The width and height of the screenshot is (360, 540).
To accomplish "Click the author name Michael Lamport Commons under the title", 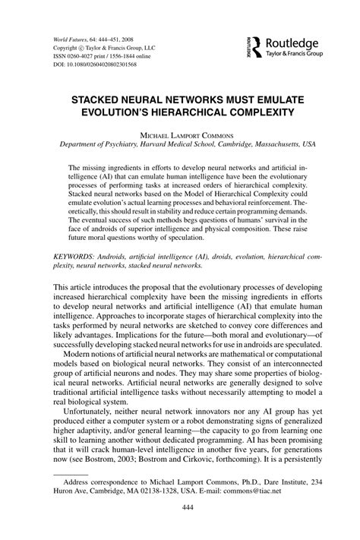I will (x=180, y=134).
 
